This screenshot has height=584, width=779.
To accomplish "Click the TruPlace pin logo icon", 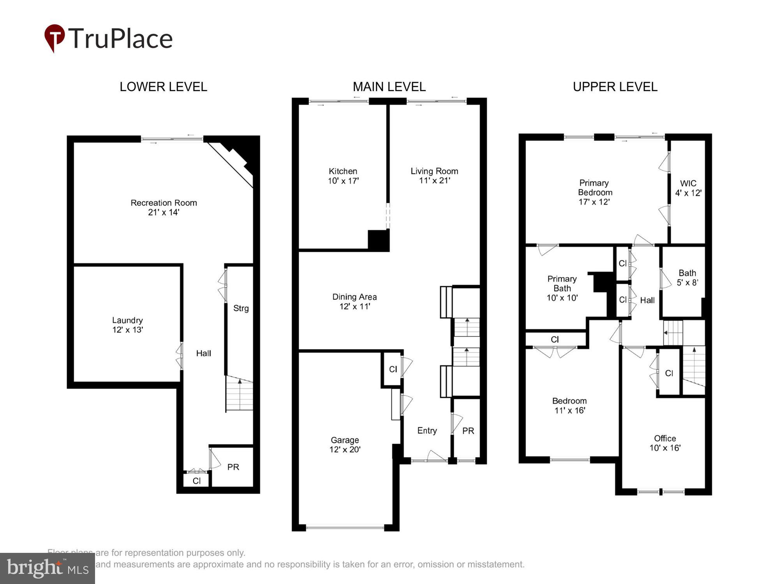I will [55, 37].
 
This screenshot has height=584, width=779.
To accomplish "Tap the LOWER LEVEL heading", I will [163, 86].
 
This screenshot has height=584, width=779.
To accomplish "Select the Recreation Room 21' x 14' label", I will [164, 208].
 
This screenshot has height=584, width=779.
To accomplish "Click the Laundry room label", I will [127, 325].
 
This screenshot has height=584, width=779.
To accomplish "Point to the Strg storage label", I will [241, 308].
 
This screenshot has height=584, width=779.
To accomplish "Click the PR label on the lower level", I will [233, 467].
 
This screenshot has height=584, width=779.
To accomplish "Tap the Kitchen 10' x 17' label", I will [343, 176].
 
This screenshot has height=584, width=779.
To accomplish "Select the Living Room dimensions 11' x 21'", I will [434, 181].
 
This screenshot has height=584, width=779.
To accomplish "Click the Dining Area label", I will [354, 301].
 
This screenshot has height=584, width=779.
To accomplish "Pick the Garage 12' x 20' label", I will [345, 445].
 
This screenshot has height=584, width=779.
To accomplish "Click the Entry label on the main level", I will [427, 431].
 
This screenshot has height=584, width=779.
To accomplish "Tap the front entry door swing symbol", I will [436, 456].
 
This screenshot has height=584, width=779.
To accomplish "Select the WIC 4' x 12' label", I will [688, 188].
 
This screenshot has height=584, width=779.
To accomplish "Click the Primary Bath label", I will [562, 288].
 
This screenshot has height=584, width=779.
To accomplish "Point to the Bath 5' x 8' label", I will [687, 278].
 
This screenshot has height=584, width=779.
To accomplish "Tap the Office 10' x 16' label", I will [664, 443].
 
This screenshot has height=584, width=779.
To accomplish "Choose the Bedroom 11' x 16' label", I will [569, 405].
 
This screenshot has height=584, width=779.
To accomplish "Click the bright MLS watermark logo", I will [47, 568].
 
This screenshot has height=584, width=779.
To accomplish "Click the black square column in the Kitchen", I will [378, 240].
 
